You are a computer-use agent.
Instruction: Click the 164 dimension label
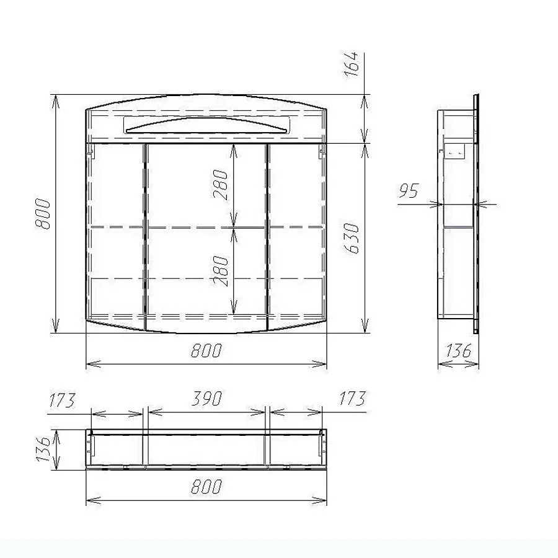352,64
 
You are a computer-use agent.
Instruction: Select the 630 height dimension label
352,238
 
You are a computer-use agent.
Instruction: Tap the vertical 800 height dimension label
43,214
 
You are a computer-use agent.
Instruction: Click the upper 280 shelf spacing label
220,184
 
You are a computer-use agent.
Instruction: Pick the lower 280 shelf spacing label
220,271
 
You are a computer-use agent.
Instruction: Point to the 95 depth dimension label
409,191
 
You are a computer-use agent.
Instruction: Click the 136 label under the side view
458,350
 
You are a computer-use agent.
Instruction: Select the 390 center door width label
206,399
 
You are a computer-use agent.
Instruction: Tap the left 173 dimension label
62,400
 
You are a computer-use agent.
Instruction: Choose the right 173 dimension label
352,399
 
